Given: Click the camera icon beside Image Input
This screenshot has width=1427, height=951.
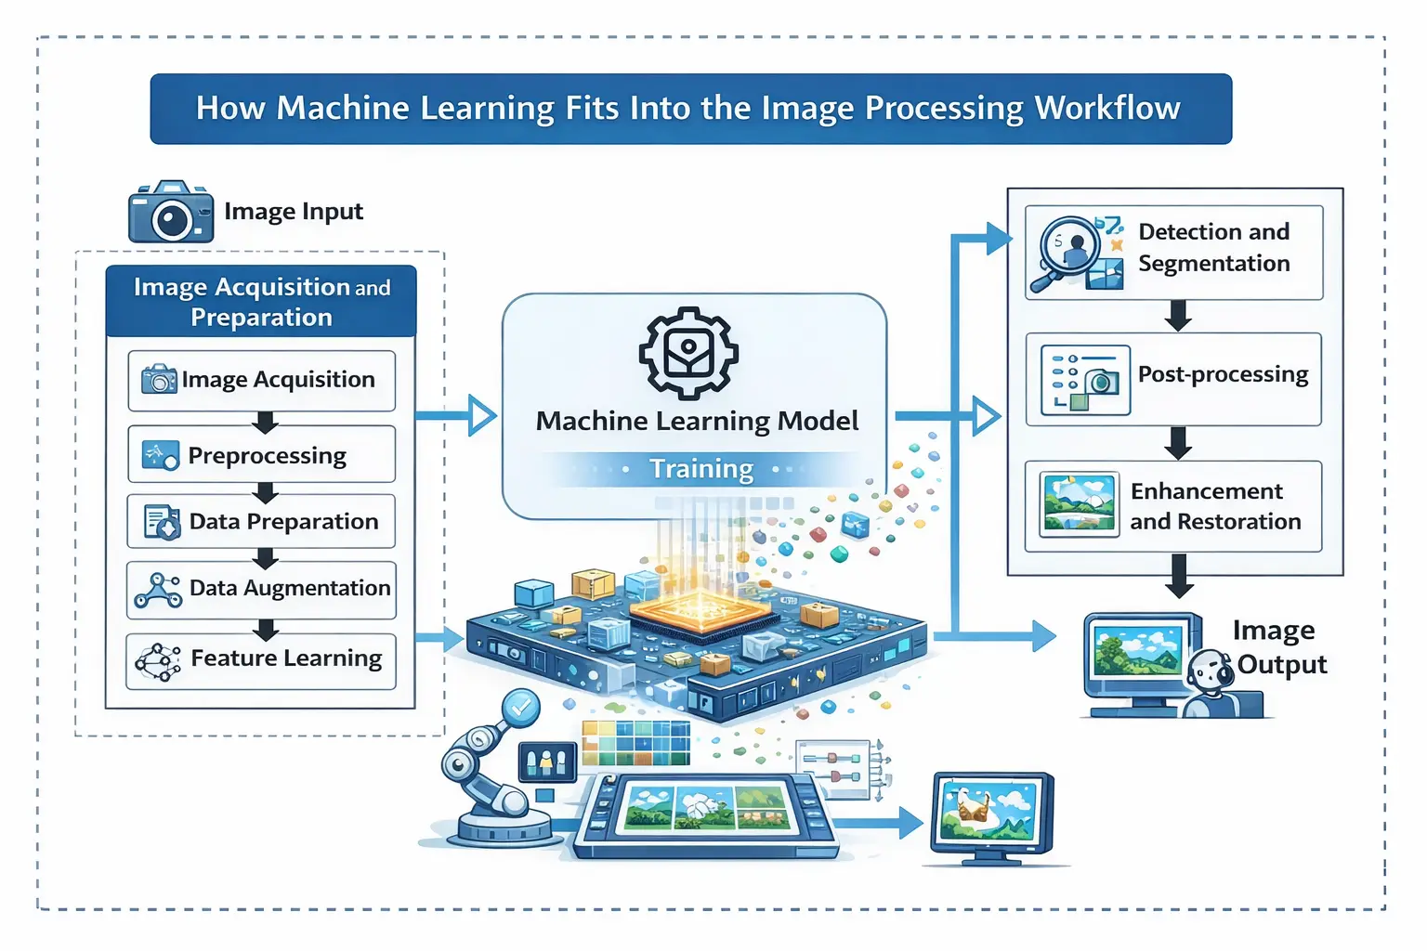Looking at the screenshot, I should [x=170, y=213].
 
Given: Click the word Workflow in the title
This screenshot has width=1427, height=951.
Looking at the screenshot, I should [x=1107, y=108].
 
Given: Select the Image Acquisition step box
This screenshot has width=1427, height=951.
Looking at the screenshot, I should [x=261, y=381].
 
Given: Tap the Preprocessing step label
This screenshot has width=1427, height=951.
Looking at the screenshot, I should [x=267, y=455].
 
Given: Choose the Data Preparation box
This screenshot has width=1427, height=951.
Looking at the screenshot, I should [x=261, y=522].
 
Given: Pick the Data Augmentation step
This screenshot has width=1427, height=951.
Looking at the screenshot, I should [x=261, y=589].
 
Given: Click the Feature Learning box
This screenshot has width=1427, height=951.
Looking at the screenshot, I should [x=261, y=660].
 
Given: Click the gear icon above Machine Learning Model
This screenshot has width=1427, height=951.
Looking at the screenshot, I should [x=688, y=353].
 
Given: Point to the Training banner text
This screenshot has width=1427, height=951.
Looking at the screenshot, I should [x=700, y=469].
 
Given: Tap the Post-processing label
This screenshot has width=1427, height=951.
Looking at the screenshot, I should [x=1223, y=374].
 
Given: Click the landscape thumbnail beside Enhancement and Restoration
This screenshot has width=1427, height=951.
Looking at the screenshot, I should [x=1079, y=505].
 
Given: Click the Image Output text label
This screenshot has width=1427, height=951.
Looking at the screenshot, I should [x=1280, y=647].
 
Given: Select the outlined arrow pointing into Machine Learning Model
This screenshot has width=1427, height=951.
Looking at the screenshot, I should [x=480, y=415].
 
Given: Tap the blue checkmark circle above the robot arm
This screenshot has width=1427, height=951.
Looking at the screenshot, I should [x=521, y=708].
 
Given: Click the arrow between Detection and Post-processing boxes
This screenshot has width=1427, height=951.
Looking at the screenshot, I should [x=1178, y=316].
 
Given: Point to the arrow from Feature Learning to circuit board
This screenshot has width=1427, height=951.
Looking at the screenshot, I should [x=440, y=638].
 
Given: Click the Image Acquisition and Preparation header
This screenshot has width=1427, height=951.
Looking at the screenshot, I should [x=261, y=302].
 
